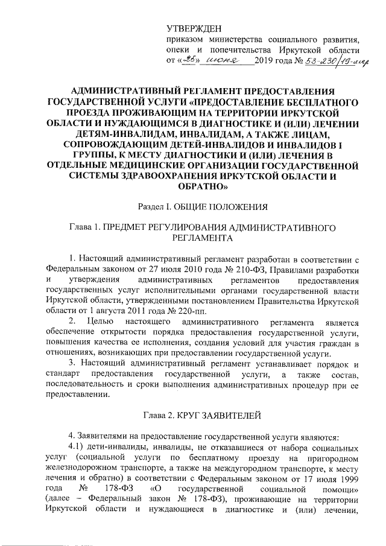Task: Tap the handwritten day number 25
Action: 192,60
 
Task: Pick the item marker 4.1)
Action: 79,447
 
